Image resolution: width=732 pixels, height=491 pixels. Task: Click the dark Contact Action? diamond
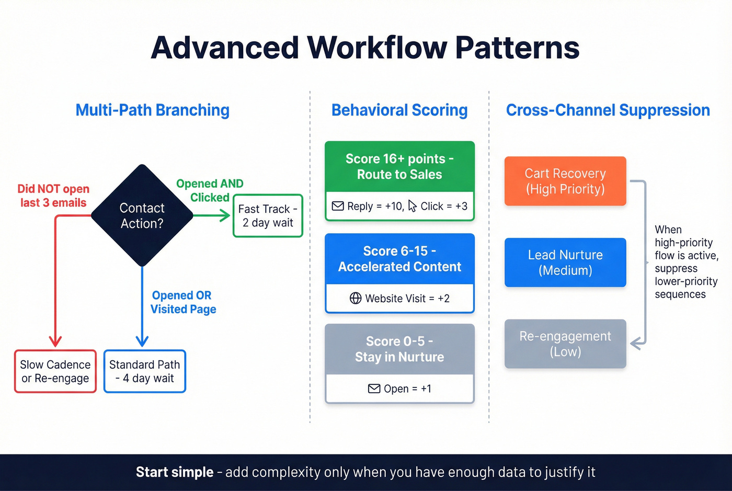(x=142, y=215)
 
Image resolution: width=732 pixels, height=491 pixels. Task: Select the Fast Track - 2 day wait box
(x=268, y=216)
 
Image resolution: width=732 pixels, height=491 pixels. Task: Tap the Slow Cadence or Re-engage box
(x=55, y=371)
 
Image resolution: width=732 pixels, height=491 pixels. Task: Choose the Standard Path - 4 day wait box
(x=145, y=371)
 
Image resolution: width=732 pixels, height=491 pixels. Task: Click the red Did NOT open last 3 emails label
(x=53, y=196)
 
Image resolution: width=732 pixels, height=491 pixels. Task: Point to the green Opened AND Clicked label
(x=210, y=190)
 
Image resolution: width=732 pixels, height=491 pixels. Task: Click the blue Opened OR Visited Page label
(x=183, y=302)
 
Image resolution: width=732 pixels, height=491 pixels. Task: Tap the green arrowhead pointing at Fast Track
(x=225, y=215)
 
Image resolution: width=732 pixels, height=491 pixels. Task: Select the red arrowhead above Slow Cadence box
(x=55, y=341)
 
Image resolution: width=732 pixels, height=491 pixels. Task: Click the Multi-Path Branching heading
(x=152, y=110)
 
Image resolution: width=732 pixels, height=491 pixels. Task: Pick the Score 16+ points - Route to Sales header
(x=399, y=166)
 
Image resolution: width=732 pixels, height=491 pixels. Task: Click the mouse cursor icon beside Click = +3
(x=413, y=206)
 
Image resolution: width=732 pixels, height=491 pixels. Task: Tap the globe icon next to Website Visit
(x=356, y=298)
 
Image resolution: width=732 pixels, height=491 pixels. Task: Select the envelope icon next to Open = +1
(x=374, y=389)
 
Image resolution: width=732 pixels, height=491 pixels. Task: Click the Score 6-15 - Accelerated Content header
(x=399, y=259)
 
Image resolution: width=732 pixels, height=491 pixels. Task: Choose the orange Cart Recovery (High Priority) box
(x=565, y=181)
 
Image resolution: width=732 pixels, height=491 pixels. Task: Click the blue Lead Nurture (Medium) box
(x=565, y=262)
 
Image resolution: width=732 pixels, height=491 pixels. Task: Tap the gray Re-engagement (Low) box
(x=565, y=344)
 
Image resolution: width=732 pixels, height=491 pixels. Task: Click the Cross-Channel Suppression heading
(x=608, y=110)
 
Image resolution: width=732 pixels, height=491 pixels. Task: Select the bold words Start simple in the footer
(x=175, y=472)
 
